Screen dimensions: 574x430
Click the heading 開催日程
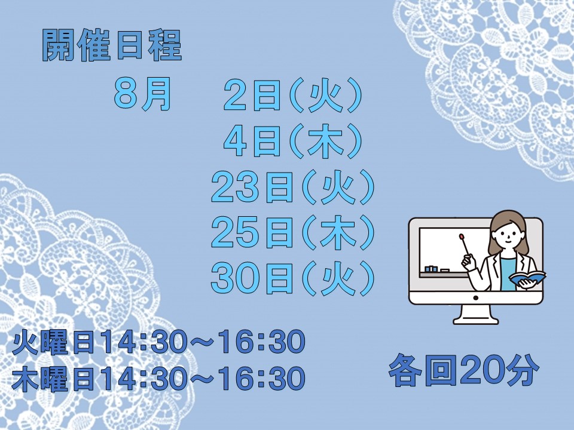click(112, 45)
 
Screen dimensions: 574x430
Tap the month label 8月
click(142, 94)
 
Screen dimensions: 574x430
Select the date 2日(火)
click(293, 95)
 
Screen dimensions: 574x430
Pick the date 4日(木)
click(293, 141)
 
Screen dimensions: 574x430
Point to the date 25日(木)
click(293, 232)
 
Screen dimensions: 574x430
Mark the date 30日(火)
click(293, 278)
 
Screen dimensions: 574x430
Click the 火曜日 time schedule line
click(158, 342)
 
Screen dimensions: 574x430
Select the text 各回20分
click(463, 370)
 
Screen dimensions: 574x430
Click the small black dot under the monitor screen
click(475, 298)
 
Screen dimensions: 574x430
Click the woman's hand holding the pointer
click(469, 262)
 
